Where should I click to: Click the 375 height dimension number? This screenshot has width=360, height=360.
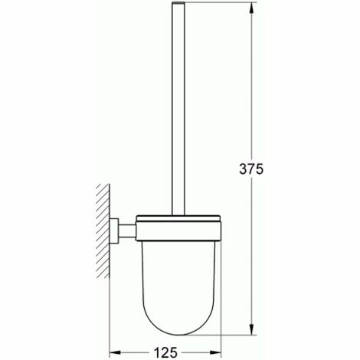[x=250, y=169]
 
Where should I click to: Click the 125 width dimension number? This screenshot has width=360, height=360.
[x=165, y=352]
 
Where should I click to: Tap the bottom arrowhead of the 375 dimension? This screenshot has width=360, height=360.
[x=251, y=328]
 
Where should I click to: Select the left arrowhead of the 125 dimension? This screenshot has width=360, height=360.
[x=116, y=352]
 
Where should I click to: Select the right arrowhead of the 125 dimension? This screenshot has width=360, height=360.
[x=214, y=352]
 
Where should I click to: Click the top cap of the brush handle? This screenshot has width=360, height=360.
[x=178, y=3]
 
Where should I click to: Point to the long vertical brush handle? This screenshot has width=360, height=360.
[x=178, y=109]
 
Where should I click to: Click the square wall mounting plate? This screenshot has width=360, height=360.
[x=114, y=231]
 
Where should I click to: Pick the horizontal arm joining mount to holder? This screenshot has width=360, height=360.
[x=127, y=231]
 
